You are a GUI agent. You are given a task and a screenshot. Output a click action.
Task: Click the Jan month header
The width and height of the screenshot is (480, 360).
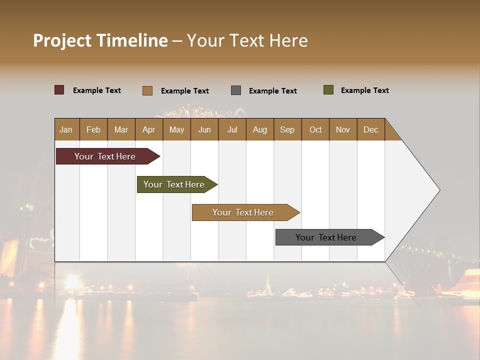pos(66,129)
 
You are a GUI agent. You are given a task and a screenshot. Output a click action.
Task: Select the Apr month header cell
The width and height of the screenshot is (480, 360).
pos(148,129)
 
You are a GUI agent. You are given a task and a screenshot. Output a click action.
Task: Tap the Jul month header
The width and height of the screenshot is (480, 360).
pos(232,129)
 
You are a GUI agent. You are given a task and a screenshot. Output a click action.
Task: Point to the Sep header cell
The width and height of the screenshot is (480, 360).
pos(287,129)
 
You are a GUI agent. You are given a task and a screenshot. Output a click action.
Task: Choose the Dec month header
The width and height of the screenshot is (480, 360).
pos(370,129)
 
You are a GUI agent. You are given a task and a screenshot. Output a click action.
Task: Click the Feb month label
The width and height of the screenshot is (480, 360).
pos(93,129)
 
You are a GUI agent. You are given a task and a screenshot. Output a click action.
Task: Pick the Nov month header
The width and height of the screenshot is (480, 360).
pos(342,129)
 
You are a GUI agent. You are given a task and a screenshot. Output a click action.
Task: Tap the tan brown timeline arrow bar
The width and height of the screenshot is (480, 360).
pos(243,212)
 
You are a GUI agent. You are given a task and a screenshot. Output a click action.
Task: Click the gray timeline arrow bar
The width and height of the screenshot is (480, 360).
pos(326,237)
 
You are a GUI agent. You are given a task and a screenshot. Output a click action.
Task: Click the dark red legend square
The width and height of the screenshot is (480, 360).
pos(59,90)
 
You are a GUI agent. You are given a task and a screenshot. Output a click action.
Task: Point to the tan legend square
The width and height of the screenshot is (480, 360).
pos(147,90)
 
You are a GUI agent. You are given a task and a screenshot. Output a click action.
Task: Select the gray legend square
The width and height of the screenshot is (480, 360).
pos(236,90)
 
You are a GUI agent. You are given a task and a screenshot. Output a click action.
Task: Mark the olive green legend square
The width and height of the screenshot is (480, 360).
pos(328,90)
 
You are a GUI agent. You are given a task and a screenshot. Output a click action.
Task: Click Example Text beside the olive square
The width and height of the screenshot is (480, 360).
pos(364,90)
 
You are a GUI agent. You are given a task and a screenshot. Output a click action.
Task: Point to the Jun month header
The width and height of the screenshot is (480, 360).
pos(204,129)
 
